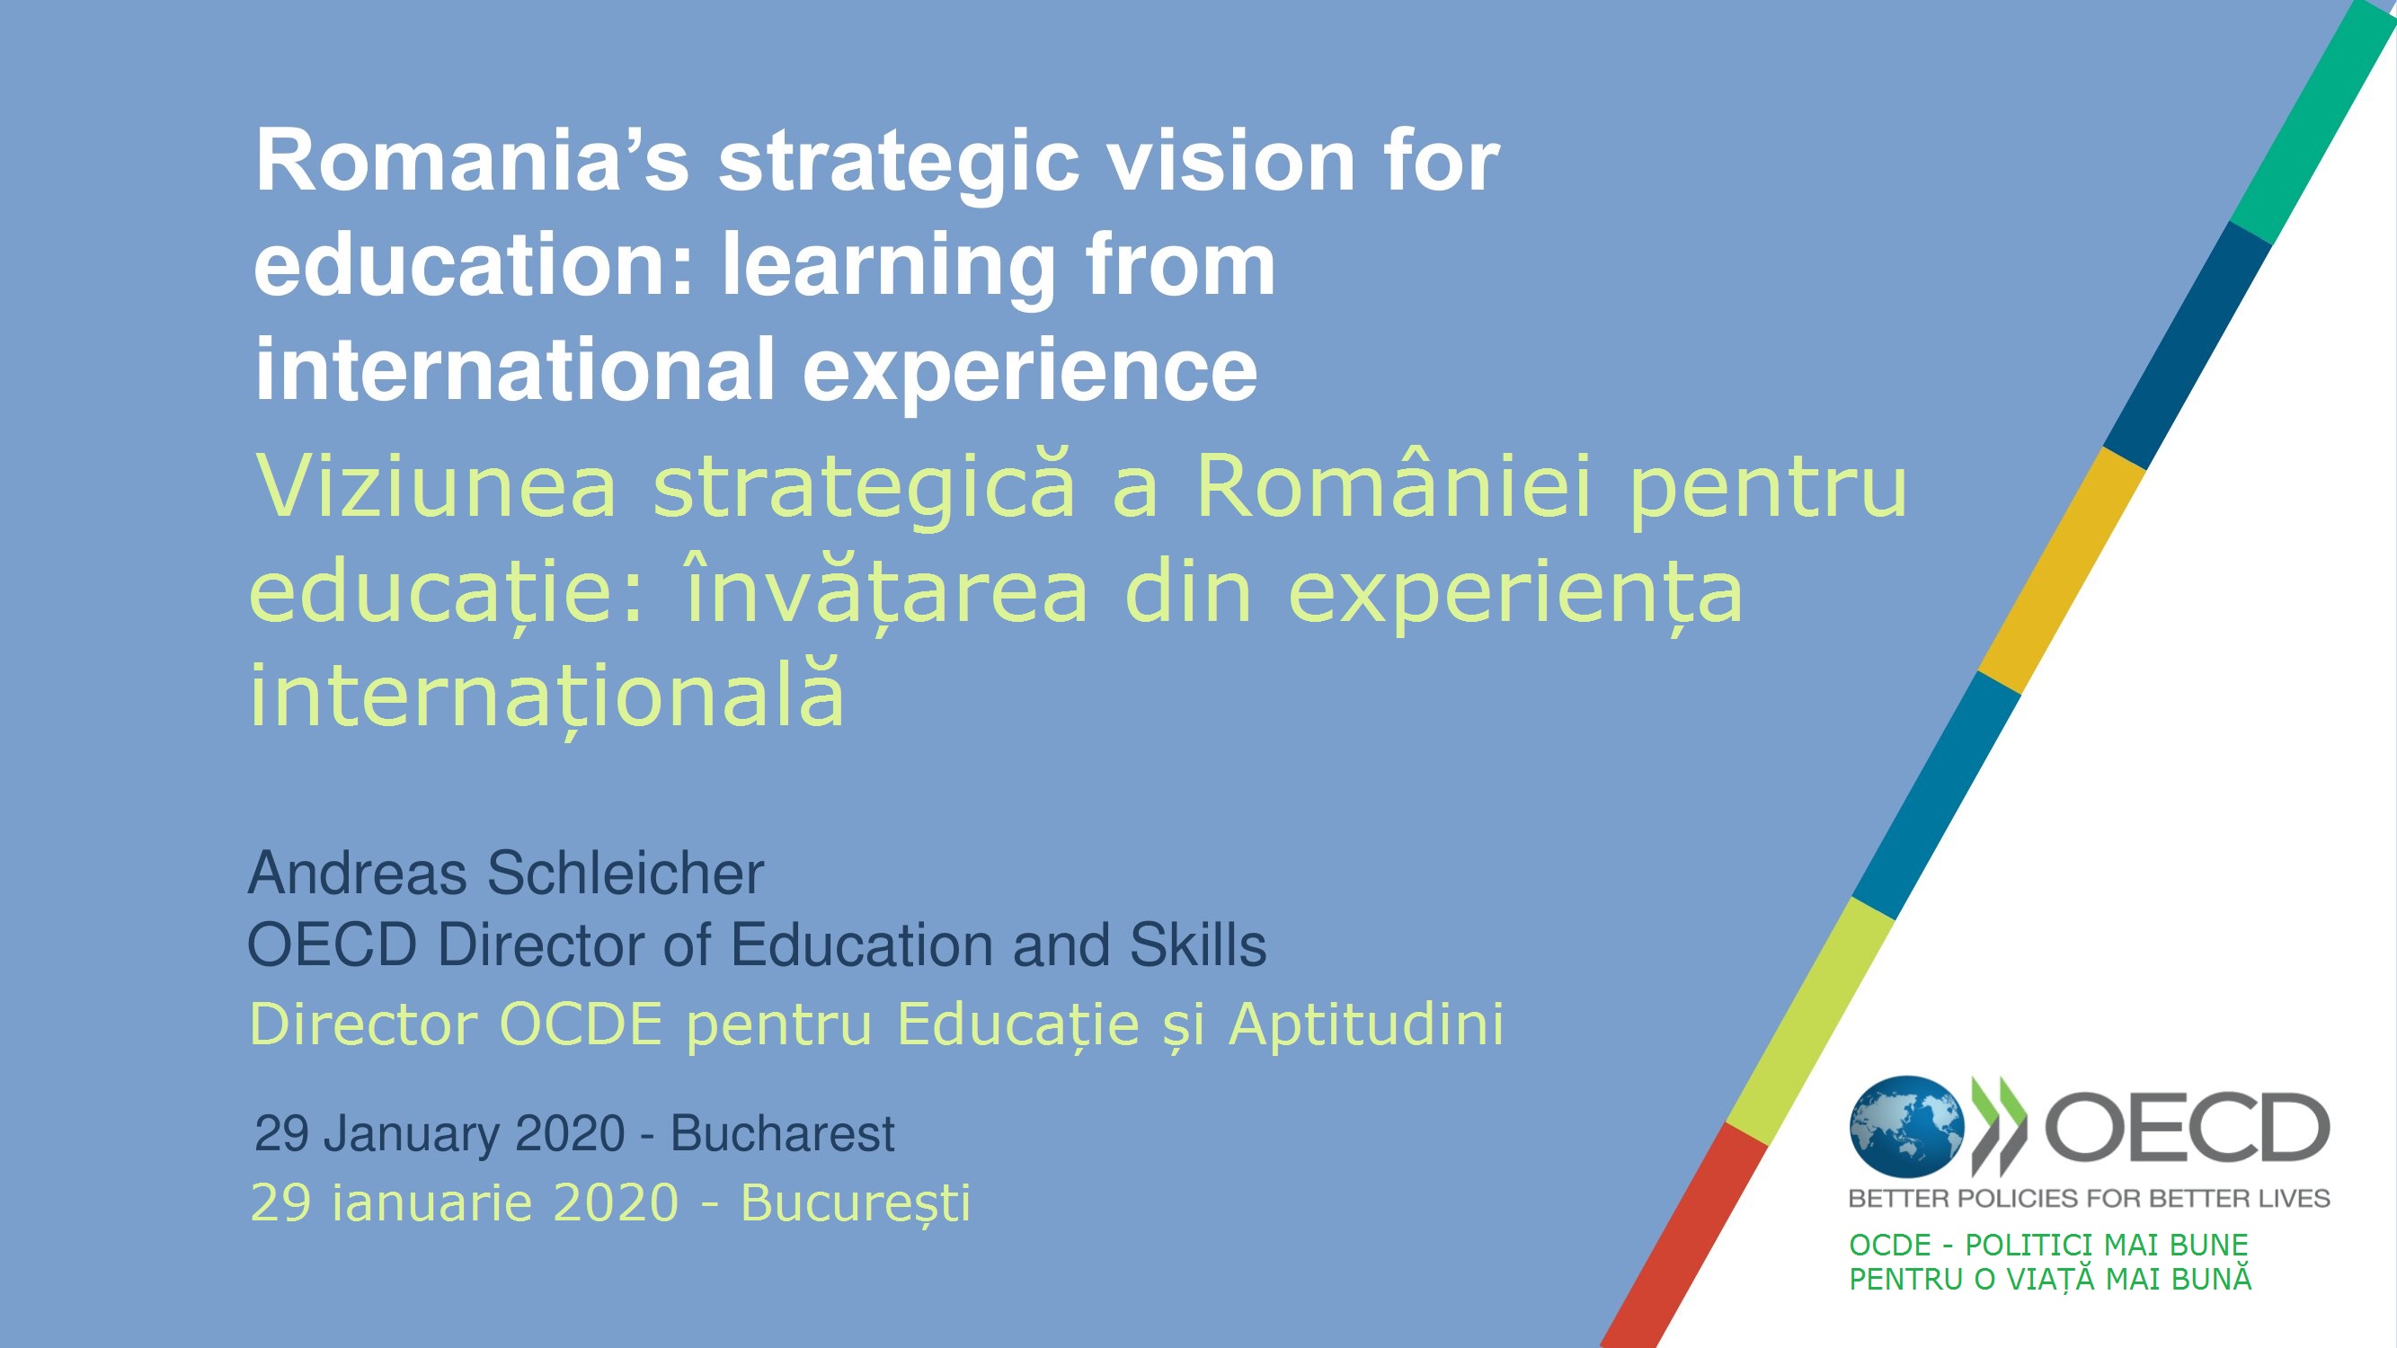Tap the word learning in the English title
[x=889, y=269]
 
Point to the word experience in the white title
[x=1030, y=372]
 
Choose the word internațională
[x=547, y=695]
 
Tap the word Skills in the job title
[x=1197, y=945]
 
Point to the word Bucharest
[x=783, y=1133]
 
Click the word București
[x=855, y=1204]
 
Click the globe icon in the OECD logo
[x=1906, y=1128]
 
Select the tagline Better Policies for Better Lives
[x=2089, y=1198]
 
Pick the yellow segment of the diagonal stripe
[x=2061, y=571]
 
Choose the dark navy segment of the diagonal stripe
[x=2187, y=345]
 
